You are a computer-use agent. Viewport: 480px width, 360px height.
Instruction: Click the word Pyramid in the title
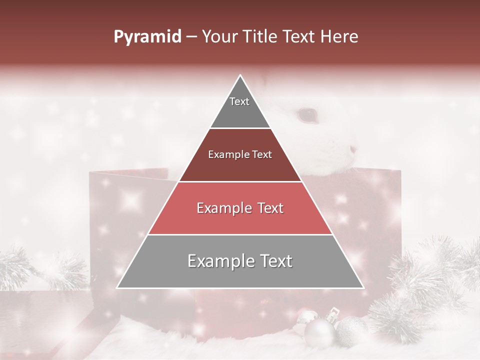pyautogui.click(x=147, y=37)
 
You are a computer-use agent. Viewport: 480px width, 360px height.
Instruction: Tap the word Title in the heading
pyautogui.click(x=262, y=37)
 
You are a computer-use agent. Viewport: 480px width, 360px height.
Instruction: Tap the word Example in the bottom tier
pyautogui.click(x=218, y=261)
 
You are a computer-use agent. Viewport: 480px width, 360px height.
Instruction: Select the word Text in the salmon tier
pyautogui.click(x=270, y=208)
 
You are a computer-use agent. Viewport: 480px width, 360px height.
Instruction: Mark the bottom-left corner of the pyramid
pyautogui.click(x=117, y=287)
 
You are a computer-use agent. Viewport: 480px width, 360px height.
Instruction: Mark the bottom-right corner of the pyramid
pyautogui.click(x=363, y=287)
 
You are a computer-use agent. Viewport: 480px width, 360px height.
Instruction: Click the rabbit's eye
pyautogui.click(x=307, y=115)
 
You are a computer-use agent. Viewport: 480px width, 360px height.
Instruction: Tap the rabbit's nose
pyautogui.click(x=353, y=149)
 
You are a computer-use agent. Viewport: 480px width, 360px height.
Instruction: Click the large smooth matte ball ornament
pyautogui.click(x=319, y=333)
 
